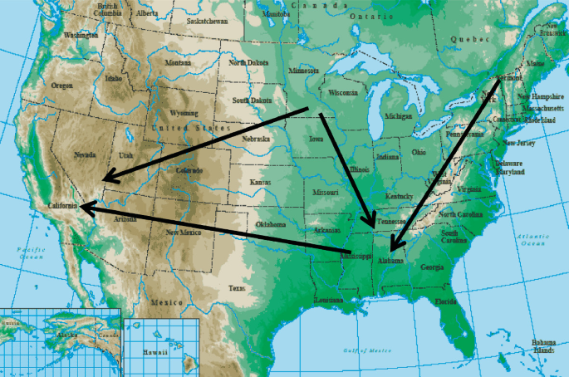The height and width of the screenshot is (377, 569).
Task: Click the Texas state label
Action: [237, 288]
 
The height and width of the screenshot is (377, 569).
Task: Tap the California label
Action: [63, 205]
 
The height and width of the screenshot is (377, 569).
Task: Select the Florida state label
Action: [446, 301]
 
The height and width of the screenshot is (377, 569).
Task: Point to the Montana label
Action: [177, 62]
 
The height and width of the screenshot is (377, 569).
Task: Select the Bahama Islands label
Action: [544, 345]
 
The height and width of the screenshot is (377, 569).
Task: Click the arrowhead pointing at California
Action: [84, 209]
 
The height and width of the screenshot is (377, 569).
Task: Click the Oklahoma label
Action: [271, 225]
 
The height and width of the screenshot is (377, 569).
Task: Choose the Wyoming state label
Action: [184, 112]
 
